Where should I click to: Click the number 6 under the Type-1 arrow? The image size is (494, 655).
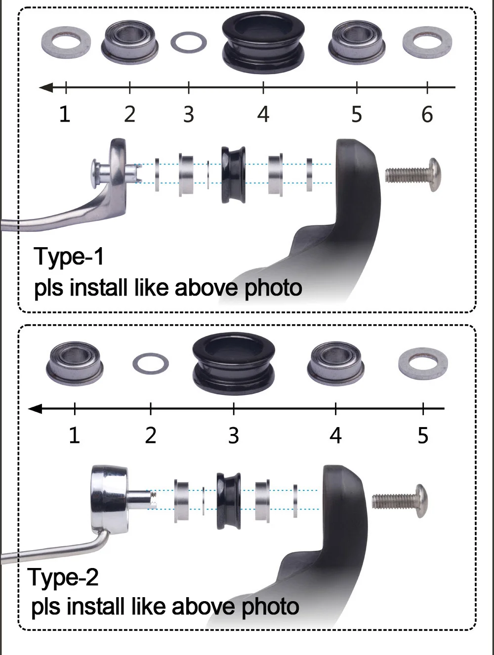[x=427, y=114]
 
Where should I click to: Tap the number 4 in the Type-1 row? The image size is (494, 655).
[x=263, y=114]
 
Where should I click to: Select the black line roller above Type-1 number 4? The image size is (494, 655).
[x=263, y=42]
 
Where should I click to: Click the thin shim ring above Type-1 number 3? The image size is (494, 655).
[x=189, y=42]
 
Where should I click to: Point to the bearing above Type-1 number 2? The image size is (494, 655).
[x=130, y=42]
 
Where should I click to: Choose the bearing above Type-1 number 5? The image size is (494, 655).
[x=357, y=42]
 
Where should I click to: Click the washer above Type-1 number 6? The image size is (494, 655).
[x=427, y=43]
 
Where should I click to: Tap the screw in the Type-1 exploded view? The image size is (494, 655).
[x=412, y=175]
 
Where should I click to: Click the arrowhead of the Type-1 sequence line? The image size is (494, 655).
[x=46, y=87]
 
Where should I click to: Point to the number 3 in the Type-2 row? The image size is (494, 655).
[x=234, y=436]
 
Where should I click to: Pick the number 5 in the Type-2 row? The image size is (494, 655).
[x=423, y=436]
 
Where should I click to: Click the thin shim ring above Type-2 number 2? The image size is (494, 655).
[x=151, y=363]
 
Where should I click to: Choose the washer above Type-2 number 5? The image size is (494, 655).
[x=423, y=363]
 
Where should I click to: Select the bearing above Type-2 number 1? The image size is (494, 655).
[x=75, y=363]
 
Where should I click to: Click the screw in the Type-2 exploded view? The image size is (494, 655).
[x=400, y=501]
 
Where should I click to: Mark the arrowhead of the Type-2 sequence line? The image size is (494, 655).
[x=35, y=408]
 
